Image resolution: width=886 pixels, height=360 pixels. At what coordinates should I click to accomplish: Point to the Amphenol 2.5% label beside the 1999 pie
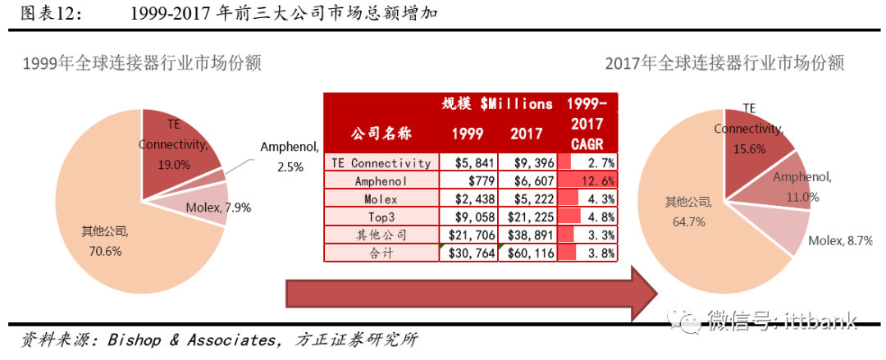click(288, 157)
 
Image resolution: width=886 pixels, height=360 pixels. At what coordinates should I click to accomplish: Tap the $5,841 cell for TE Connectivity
click(468, 163)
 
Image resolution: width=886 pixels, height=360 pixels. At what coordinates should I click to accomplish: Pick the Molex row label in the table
click(381, 199)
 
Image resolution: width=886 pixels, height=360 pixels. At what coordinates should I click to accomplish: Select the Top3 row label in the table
click(381, 217)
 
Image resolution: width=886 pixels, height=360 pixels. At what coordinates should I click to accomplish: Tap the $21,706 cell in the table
click(468, 235)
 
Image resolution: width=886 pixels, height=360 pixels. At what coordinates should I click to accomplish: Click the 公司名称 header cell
click(381, 133)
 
